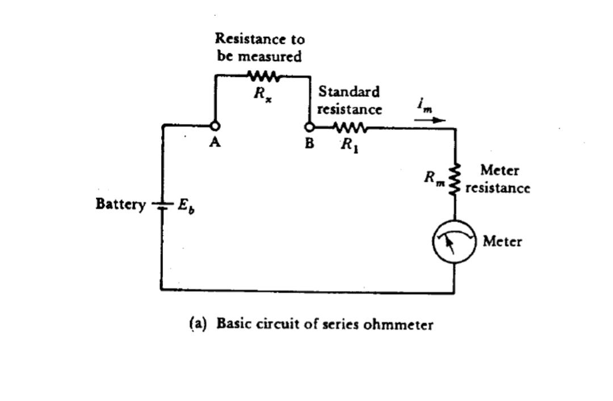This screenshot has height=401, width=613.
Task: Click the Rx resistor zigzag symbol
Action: click(x=262, y=75)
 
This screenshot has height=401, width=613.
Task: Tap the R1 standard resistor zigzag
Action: click(x=351, y=128)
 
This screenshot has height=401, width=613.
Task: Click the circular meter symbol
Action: click(x=454, y=242)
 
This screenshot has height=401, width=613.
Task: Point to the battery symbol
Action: click(x=162, y=205)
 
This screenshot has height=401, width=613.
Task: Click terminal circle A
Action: click(x=215, y=126)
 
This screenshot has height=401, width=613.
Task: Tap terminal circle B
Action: click(x=309, y=127)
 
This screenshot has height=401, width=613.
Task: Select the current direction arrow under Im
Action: click(x=430, y=120)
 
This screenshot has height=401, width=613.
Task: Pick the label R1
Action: click(x=349, y=145)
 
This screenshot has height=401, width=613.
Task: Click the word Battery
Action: click(x=120, y=204)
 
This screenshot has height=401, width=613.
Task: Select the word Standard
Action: click(x=349, y=91)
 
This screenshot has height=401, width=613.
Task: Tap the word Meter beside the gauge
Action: click(x=502, y=242)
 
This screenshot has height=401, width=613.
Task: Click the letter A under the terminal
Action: click(x=215, y=143)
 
